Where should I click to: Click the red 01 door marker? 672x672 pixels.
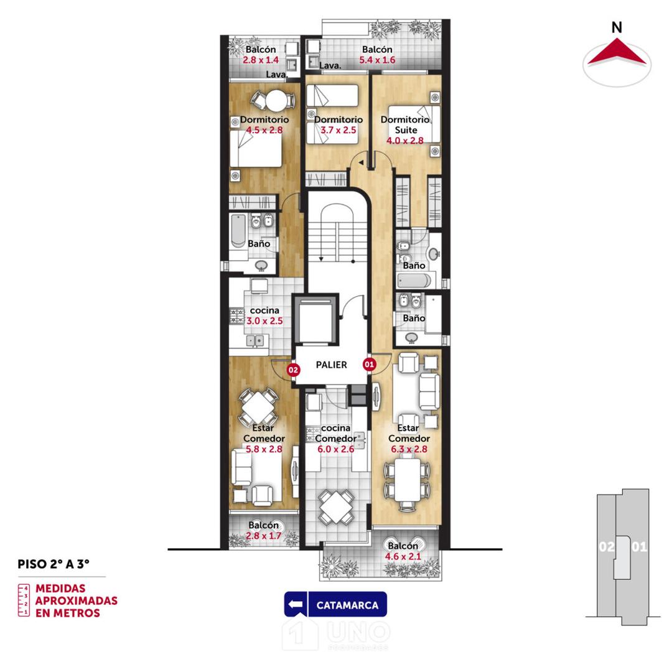coord(370,363)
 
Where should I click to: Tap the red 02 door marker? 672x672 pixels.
coord(293,370)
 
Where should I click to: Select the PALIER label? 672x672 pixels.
coord(331,365)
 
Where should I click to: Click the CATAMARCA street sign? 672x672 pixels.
coord(335,605)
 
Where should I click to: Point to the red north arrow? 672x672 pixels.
coord(617,52)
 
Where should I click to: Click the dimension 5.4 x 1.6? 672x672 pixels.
coord(377,60)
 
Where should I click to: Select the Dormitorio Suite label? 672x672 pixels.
coord(405,124)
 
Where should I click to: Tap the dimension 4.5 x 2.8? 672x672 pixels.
coord(264,130)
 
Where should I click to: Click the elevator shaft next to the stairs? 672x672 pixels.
coord(315,320)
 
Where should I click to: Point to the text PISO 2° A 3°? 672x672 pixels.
coord(54,564)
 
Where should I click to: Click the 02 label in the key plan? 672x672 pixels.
coord(606,547)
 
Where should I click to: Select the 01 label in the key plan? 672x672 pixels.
coord(639,547)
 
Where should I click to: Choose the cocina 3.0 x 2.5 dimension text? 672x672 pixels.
coord(264,321)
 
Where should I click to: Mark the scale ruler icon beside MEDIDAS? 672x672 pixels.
coord(24,600)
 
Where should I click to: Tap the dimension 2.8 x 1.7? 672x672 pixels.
coord(264,536)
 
